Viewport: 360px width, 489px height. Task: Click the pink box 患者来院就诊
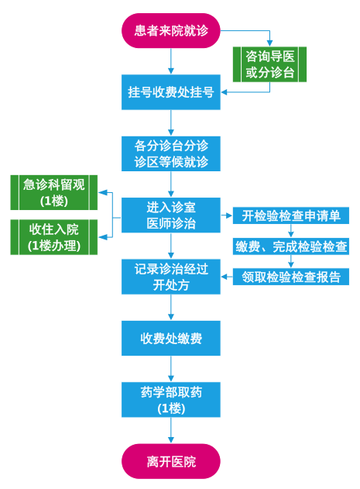point(171,30)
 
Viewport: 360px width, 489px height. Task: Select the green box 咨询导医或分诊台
point(269,64)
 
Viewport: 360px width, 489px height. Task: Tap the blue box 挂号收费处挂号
point(171,92)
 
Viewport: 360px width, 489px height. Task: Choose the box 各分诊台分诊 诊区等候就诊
point(171,153)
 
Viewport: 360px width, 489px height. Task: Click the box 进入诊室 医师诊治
point(171,215)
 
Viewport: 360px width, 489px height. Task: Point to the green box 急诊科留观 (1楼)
point(54,192)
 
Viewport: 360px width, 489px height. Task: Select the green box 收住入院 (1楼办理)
point(54,237)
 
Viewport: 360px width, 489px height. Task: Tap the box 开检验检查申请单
point(291,215)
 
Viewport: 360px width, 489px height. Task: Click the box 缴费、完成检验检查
point(291,246)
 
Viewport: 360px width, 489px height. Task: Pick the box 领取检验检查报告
point(291,277)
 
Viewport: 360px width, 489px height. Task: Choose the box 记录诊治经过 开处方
point(171,277)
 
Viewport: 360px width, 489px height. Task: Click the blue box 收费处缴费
point(171,338)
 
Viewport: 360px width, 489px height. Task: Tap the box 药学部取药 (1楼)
point(171,400)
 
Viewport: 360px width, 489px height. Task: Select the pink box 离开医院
point(171,461)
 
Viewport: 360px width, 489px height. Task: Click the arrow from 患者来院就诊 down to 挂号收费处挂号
point(171,61)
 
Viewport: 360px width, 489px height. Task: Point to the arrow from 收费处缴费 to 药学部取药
point(171,369)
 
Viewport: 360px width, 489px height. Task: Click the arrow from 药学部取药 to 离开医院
point(171,430)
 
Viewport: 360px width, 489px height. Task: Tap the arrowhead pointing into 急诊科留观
point(103,192)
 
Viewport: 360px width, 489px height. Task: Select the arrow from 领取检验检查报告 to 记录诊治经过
point(227,277)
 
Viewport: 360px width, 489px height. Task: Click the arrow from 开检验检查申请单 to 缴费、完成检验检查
point(291,231)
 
